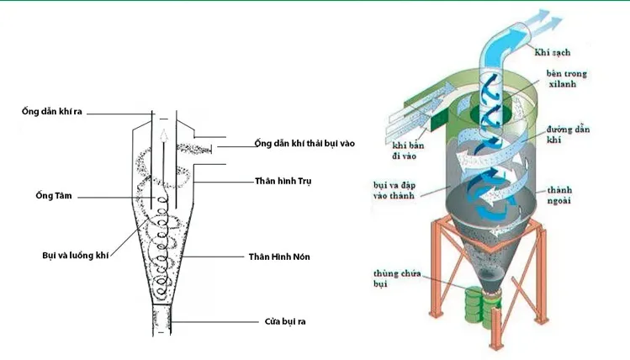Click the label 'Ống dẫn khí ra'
point(52,112)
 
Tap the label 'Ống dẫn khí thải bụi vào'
point(304,144)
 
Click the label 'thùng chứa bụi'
point(392,282)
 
